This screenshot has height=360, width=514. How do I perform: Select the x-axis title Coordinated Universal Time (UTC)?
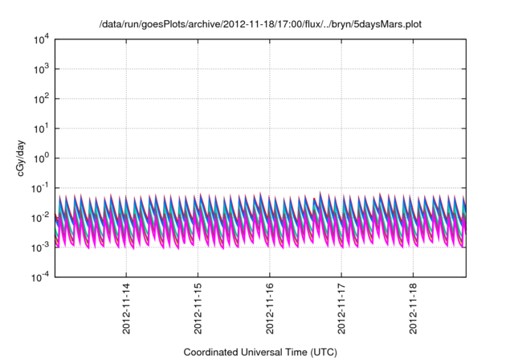[259, 352]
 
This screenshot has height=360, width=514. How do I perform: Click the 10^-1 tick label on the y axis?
[40, 188]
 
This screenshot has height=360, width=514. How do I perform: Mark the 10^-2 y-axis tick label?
[40, 218]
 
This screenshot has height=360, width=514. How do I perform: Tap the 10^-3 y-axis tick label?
[40, 247]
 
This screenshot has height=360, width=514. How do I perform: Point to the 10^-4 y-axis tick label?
[40, 277]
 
